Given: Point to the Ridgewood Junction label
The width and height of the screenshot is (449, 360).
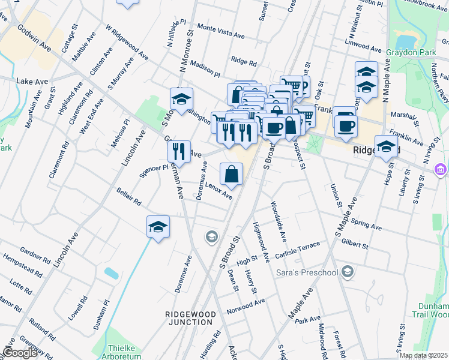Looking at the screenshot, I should coord(190,318).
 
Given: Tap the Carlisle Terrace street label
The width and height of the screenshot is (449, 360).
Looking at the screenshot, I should coord(302,250).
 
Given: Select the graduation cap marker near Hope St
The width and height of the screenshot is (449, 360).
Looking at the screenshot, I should coord(386,146).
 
